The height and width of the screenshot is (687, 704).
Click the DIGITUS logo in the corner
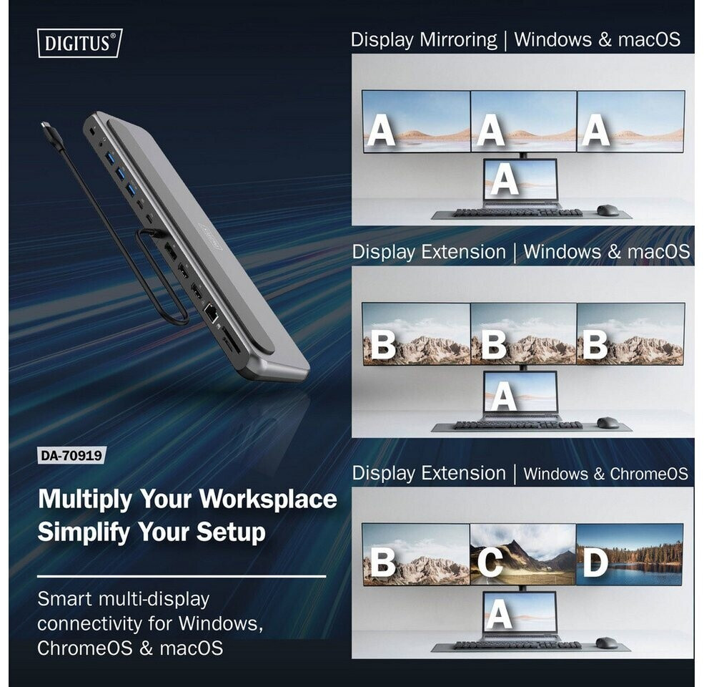click(79, 43)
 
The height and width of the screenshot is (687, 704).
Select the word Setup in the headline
click(231, 532)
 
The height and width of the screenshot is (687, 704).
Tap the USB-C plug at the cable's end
click(50, 132)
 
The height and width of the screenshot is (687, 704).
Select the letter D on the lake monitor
click(595, 562)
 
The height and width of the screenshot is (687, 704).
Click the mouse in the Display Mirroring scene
click(607, 210)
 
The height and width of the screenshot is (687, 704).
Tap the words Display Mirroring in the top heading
click(424, 40)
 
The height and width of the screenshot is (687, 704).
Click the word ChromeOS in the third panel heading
click(649, 474)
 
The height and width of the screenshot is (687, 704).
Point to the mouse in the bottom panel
click(606, 643)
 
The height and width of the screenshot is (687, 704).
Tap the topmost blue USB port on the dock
click(110, 158)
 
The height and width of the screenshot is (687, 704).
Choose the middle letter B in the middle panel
click(493, 344)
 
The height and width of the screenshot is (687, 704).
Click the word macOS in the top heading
click(649, 39)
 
